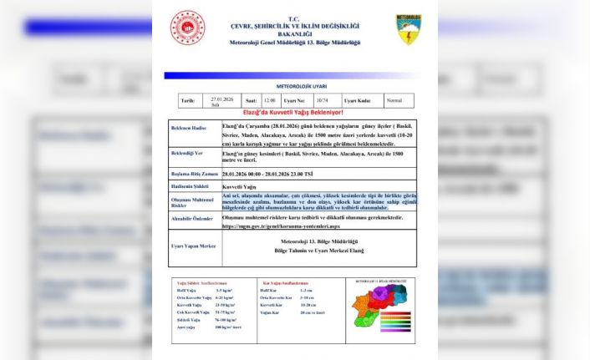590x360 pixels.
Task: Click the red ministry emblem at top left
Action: point(187,28)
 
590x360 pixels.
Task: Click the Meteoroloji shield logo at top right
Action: point(408,29)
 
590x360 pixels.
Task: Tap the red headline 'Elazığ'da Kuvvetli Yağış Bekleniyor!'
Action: point(293,112)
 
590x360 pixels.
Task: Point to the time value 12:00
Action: point(269,100)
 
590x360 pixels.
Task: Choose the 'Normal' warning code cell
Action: point(394,100)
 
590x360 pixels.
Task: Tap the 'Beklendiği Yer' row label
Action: point(189,155)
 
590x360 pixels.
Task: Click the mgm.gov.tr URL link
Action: point(274,226)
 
